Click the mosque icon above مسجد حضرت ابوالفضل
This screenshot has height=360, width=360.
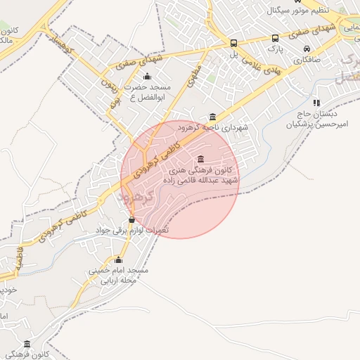[x=147, y=77]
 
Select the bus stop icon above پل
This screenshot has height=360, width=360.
[x=233, y=42]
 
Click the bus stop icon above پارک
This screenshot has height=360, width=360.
[x=274, y=39]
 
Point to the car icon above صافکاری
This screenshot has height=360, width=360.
[x=307, y=49]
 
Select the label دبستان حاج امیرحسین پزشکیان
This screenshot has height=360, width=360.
[x=320, y=119]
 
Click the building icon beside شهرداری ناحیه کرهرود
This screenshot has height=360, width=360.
[x=212, y=117]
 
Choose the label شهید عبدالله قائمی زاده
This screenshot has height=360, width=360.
[x=201, y=181]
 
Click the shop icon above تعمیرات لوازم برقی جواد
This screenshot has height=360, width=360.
[x=131, y=220]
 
